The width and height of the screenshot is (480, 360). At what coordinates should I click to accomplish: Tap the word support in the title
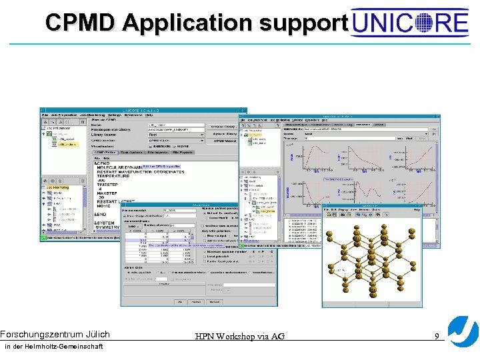pyautogui.click(x=303, y=23)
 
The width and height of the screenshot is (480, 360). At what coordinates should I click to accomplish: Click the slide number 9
pyautogui.click(x=437, y=336)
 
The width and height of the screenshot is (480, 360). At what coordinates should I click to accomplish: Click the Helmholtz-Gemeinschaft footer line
pyautogui.click(x=53, y=347)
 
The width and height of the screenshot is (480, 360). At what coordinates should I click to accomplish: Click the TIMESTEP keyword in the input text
pyautogui.click(x=111, y=185)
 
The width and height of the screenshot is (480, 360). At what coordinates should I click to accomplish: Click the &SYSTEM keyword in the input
pyautogui.click(x=106, y=223)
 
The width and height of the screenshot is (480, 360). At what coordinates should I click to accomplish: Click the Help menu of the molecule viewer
pyautogui.click(x=417, y=209)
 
